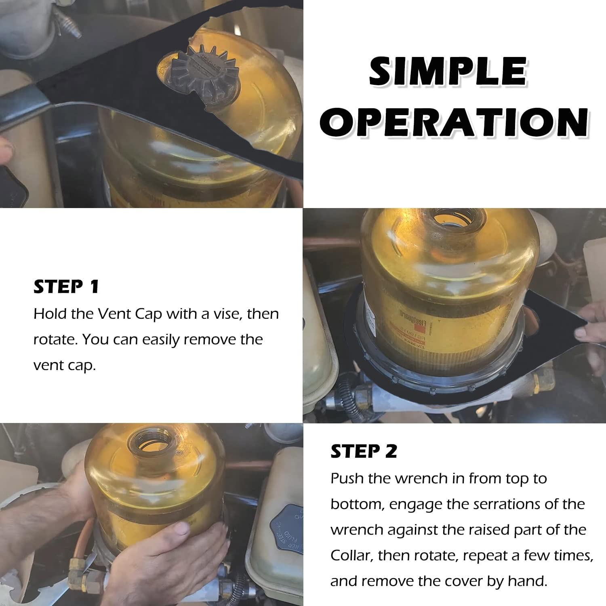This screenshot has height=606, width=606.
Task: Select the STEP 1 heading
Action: pos(66,286)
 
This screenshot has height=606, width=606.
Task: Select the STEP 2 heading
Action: pos(364,451)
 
